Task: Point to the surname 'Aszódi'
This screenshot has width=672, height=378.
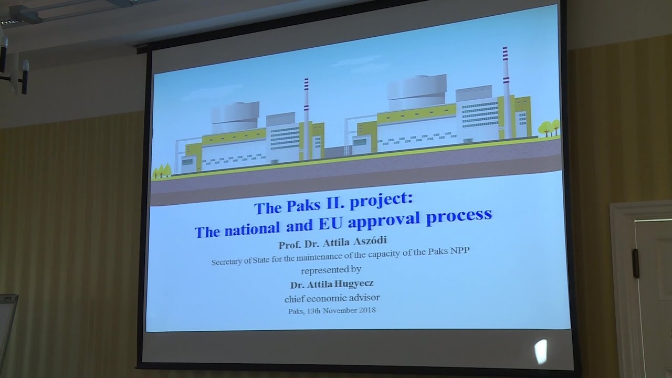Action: click(x=370, y=240)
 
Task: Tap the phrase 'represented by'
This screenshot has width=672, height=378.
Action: click(x=331, y=270)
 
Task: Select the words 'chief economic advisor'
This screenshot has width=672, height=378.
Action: click(x=332, y=298)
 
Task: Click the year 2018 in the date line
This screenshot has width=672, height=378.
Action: click(x=367, y=310)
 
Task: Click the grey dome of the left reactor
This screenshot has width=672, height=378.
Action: click(x=235, y=117)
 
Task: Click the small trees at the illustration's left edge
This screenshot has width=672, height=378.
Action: click(x=162, y=171)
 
